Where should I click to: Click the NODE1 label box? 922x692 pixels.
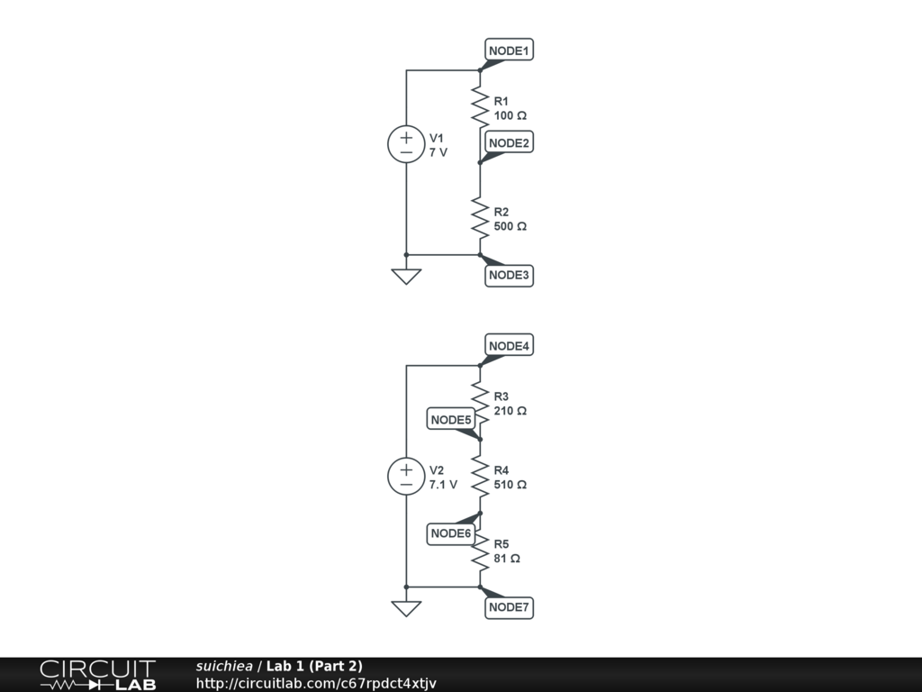coord(509,50)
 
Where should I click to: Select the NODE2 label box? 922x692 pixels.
coord(509,142)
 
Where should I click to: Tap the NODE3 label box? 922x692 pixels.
coord(509,275)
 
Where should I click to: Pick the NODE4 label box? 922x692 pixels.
coord(509,346)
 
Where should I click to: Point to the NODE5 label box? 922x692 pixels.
coord(450,420)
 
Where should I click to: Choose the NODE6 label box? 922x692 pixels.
coord(450,533)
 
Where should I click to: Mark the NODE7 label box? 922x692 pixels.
coord(509,608)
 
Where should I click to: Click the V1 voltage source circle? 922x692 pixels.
coord(406,145)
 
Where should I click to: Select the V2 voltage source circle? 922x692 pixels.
coord(406,477)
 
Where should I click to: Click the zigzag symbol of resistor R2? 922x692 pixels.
coord(480,218)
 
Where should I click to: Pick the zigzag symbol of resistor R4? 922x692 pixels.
coord(480,477)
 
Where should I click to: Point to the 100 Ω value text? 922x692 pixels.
coord(511,116)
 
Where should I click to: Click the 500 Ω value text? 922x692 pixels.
coord(511,226)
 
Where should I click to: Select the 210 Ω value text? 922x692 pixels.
coord(511,411)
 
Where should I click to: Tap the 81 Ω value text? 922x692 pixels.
coord(507,559)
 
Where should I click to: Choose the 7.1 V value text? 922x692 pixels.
coord(443,485)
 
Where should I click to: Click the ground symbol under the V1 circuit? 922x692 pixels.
coord(406,276)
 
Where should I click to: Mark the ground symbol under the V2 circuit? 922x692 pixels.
coord(406,608)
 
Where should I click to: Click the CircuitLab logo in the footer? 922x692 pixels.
coord(97,675)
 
